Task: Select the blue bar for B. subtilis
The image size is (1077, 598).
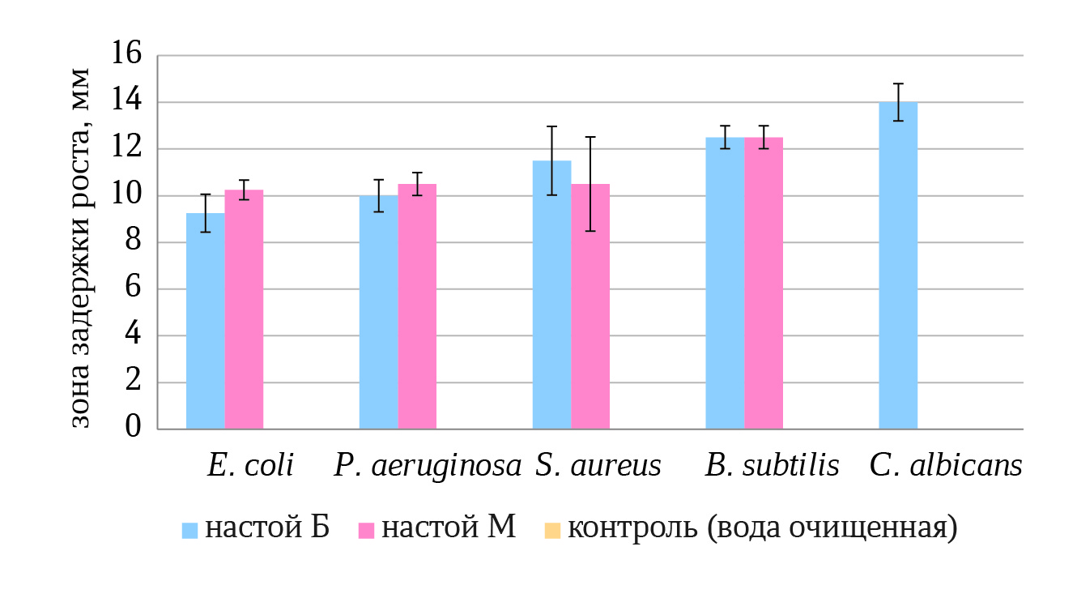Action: point(725,283)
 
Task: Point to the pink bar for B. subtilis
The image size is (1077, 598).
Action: point(764,283)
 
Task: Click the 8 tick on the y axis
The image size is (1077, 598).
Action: point(132,242)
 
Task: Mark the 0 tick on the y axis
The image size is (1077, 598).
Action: point(132,429)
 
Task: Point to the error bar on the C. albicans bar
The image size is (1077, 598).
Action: point(898,102)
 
